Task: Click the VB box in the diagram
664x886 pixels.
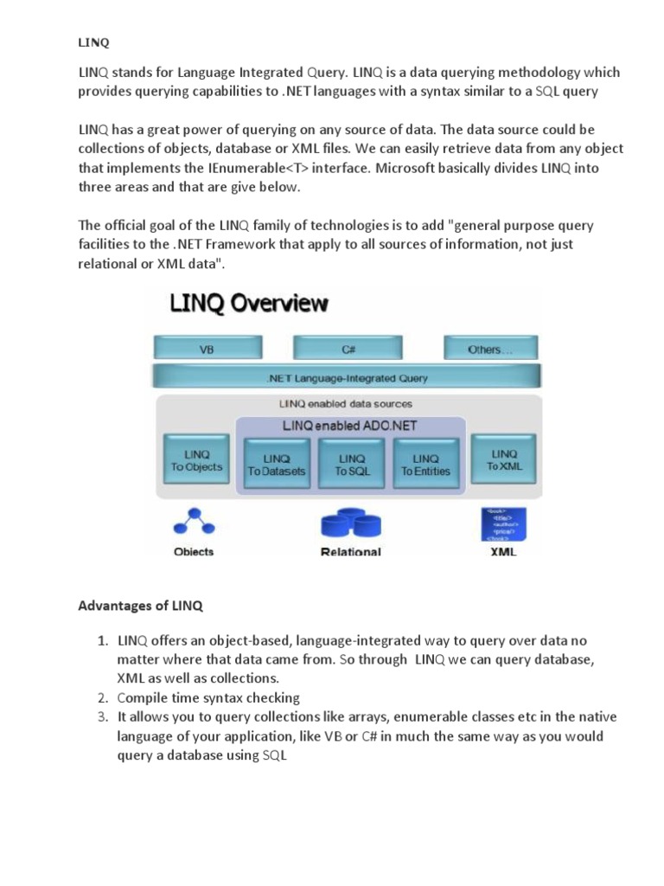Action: (207, 349)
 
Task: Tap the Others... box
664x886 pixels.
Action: (490, 349)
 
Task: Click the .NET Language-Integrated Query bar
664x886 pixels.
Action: (348, 377)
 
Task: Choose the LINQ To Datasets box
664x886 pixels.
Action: (276, 465)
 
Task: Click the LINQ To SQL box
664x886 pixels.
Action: (351, 465)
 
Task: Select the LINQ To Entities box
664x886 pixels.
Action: (425, 465)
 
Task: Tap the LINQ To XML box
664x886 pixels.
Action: (503, 459)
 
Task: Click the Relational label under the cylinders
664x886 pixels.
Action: (350, 551)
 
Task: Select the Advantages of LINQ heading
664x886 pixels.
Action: (140, 607)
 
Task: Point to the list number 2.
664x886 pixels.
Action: (101, 697)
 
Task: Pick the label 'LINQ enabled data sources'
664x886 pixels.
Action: (346, 403)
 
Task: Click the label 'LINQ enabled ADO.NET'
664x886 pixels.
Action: (349, 426)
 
